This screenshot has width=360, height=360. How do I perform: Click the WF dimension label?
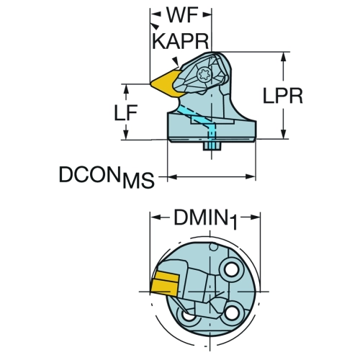pos(182,15)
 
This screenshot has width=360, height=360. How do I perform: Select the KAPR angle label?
pos(181,41)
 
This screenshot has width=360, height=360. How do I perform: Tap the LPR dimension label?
pos(283,96)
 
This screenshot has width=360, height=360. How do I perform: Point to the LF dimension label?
pos(125,112)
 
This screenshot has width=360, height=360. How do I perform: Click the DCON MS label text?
pos(107,176)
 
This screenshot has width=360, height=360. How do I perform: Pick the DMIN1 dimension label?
pos(205,219)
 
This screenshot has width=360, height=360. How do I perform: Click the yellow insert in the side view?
pos(166,84)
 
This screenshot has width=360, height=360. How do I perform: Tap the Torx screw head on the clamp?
pos(204,75)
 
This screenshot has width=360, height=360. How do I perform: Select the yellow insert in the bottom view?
pos(164,285)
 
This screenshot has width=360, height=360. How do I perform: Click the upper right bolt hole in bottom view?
pos(231,270)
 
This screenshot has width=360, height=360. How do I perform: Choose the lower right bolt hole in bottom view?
pos(232,313)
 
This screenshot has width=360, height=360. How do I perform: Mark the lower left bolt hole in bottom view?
pos(188,315)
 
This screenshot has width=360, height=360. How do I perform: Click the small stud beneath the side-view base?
pos(212,146)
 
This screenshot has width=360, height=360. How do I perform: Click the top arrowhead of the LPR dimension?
pos(284,57)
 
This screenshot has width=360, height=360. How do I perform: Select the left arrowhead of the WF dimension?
pos(156,14)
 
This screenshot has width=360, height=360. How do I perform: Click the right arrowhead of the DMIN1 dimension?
pos(255,217)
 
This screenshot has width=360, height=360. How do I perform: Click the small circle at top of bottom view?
pos(214,247)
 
